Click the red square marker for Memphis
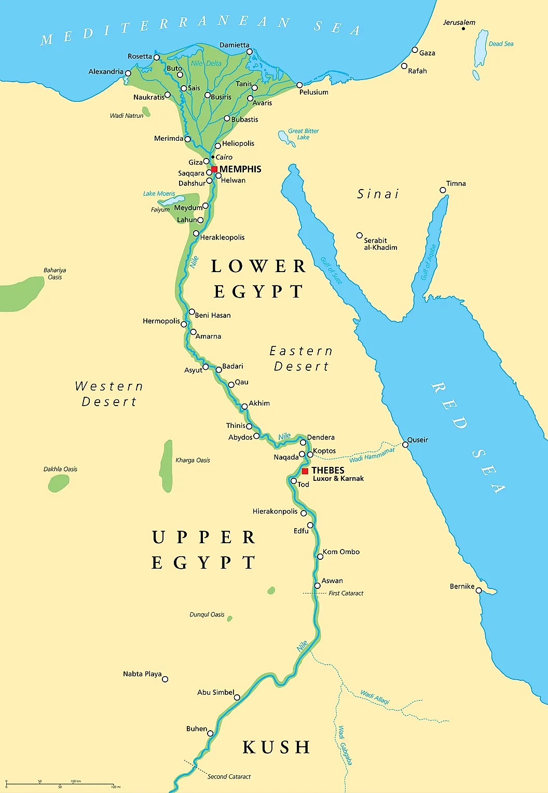point(214,169)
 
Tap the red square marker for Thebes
point(305,471)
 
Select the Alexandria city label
point(106,72)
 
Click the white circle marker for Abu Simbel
point(237,697)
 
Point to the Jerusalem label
point(459,22)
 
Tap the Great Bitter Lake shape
point(284,138)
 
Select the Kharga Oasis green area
point(167,466)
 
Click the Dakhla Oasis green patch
point(58,483)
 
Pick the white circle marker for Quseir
point(405,445)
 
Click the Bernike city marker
point(478,590)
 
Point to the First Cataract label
point(346,593)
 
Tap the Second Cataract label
point(229,776)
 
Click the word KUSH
point(276,747)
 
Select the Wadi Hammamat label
point(372,455)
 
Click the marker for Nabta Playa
point(165,679)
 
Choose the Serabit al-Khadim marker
point(359,235)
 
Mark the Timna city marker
point(443,190)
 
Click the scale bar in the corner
point(60,784)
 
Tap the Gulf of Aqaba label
point(428,262)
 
